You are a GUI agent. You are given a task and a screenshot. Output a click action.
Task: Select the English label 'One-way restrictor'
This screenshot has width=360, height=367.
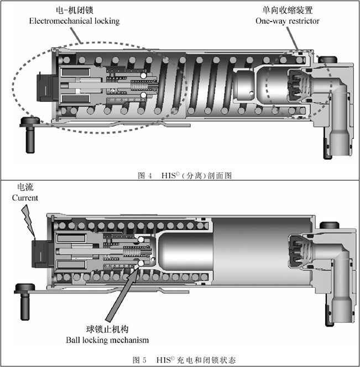[287, 21]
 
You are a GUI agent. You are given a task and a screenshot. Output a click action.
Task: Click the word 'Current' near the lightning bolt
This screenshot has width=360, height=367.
[25, 198]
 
